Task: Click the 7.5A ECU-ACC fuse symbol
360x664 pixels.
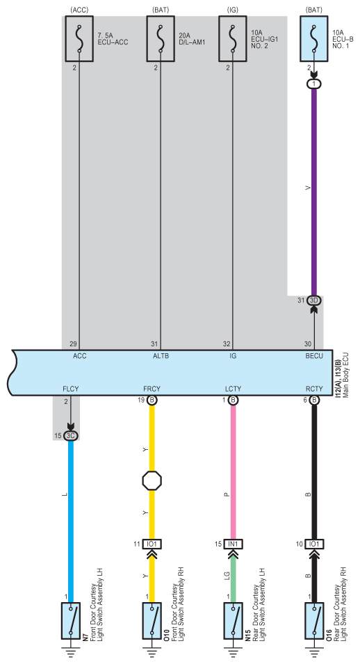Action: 79,38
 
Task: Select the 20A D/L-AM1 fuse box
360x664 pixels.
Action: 161,38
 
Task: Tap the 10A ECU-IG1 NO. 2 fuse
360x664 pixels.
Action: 233,38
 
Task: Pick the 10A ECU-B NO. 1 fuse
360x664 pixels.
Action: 314,38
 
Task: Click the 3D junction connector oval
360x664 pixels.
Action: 314,300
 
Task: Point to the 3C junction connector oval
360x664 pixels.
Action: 71,436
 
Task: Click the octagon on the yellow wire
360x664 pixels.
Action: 152,480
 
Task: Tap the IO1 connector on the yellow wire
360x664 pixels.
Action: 152,544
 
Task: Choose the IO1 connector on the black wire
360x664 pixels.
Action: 314,544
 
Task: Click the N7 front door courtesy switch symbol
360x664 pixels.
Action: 71,620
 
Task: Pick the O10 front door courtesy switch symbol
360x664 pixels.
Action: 152,620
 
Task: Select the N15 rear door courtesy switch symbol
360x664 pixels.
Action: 233,620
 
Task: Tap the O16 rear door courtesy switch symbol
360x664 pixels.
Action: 314,620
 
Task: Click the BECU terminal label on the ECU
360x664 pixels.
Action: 314,356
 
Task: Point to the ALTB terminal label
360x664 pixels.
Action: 161,356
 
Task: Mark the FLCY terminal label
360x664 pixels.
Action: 71,389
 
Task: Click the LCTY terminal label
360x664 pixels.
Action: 233,389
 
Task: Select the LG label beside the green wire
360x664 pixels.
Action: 227,575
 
